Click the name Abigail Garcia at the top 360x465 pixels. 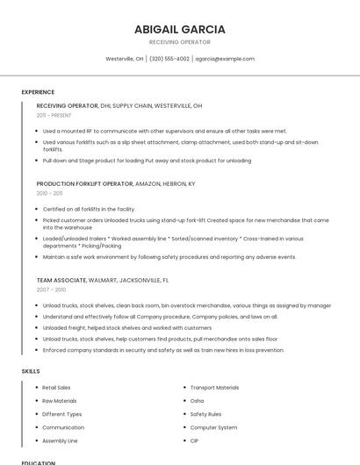179,29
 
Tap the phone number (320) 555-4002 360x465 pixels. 169,59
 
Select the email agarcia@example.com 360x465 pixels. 225,59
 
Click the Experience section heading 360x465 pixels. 38,92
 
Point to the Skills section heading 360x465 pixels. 31,371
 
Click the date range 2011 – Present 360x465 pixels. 54,115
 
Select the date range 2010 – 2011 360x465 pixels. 49,193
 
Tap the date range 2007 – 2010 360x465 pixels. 51,290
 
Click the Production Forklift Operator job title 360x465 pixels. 84,184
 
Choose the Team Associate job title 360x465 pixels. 61,281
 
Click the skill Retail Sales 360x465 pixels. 56,388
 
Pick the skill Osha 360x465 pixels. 197,401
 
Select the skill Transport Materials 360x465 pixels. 214,388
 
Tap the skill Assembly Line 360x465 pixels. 60,440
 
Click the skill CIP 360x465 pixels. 194,440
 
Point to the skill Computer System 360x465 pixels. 213,427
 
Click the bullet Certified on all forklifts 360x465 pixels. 89,209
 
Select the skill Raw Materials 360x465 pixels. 59,401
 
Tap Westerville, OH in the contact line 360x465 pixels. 125,59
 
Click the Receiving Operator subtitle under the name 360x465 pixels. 179,42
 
